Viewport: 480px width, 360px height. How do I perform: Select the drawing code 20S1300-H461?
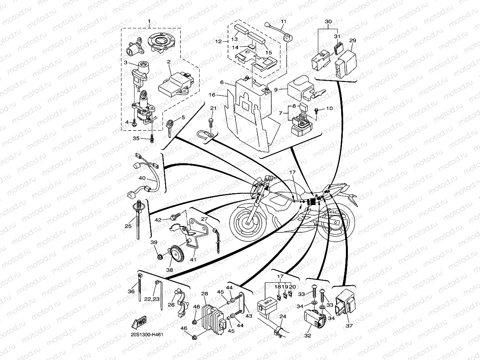click(x=147, y=335)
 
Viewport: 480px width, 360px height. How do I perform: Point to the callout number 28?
click(x=204, y=294)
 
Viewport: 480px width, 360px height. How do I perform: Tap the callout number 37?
click(x=349, y=326)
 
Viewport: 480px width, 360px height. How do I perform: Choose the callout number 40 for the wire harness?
click(x=142, y=178)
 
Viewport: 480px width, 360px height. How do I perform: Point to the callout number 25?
click(x=128, y=226)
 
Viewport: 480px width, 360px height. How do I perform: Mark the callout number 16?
click(x=223, y=95)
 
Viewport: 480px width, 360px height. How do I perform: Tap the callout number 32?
click(x=308, y=336)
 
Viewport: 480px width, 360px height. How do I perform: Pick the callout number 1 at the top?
click(x=149, y=21)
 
